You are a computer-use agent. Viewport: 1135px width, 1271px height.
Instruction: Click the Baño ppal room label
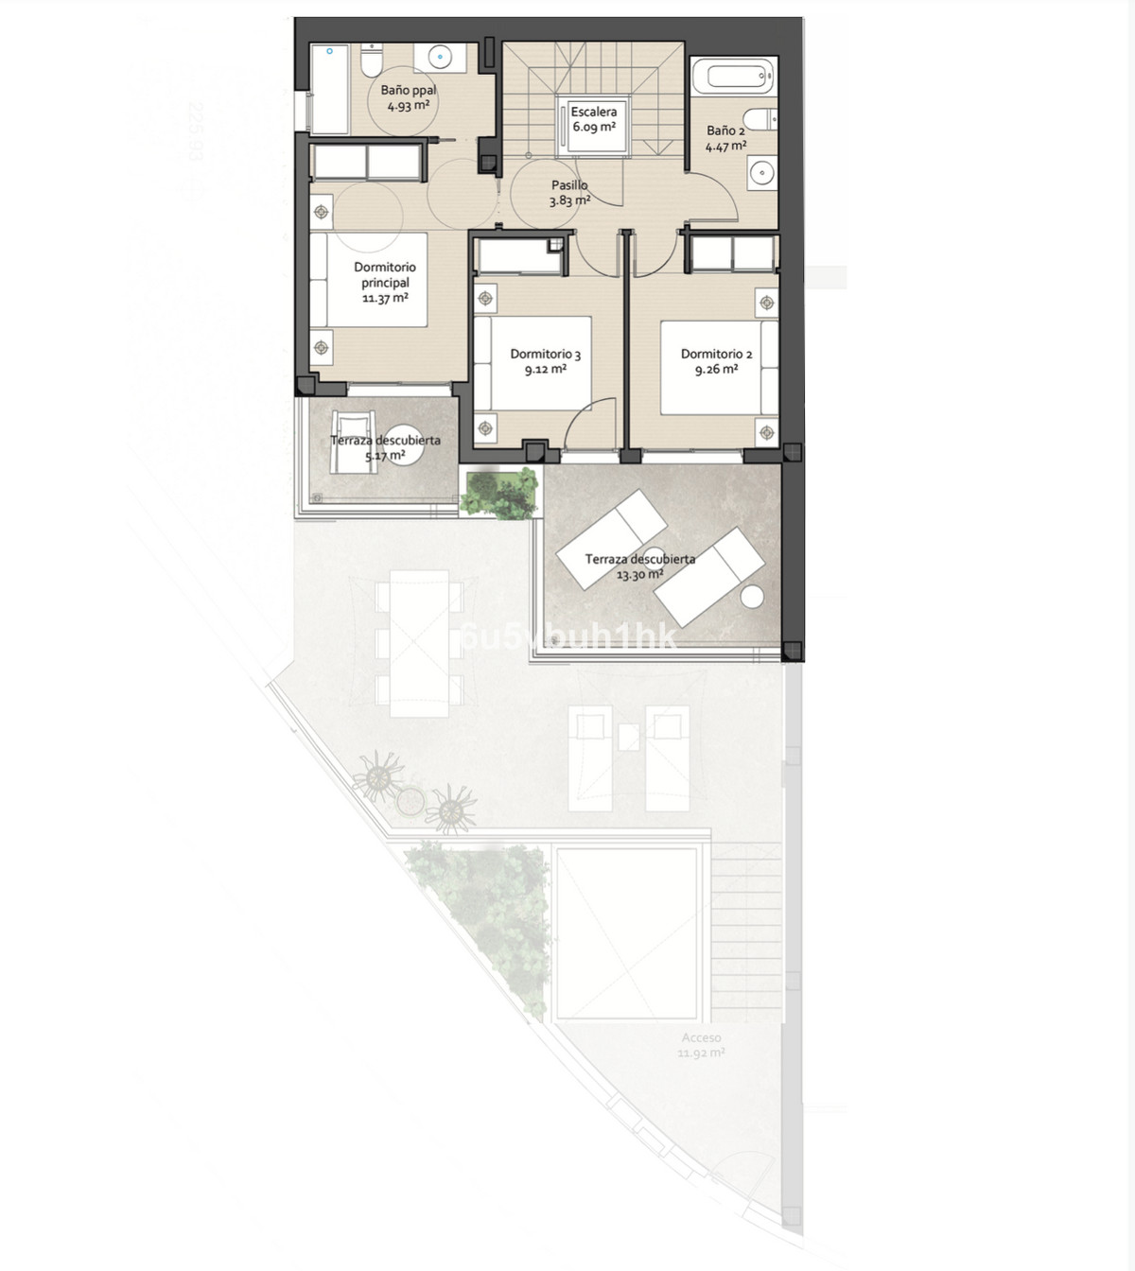409,90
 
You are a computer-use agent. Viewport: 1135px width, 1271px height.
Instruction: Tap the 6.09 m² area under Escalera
593,127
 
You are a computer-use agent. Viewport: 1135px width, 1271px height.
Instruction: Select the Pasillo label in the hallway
569,185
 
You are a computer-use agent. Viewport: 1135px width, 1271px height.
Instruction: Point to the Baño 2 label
725,131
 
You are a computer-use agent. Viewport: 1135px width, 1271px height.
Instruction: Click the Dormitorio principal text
385,274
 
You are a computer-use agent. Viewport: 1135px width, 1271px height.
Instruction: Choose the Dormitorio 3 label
545,354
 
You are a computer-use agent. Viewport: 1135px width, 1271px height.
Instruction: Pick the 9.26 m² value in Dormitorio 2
716,370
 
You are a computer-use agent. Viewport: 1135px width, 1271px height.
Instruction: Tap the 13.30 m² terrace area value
639,574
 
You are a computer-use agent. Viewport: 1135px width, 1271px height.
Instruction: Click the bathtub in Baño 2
734,77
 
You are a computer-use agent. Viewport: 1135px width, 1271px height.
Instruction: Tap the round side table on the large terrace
752,597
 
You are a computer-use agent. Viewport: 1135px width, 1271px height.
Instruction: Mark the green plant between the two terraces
499,492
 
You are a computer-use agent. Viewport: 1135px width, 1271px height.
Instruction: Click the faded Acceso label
701,1037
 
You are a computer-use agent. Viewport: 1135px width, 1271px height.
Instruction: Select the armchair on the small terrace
352,441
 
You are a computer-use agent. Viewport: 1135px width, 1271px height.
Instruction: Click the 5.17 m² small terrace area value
385,456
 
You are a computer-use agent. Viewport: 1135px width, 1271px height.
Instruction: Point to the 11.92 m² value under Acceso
701,1053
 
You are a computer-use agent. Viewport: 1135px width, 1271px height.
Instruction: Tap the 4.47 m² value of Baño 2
725,146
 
